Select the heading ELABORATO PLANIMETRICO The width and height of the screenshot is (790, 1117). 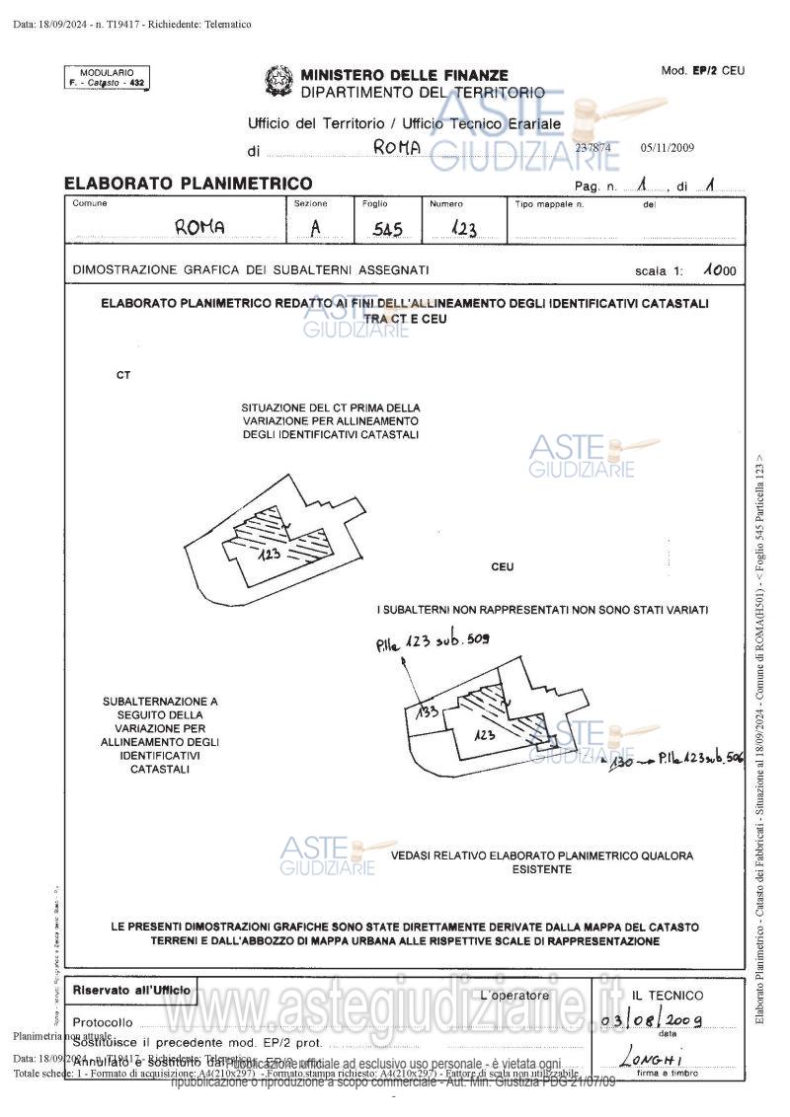[x=188, y=183]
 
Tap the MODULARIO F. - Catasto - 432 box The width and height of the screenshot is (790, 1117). [x=106, y=78]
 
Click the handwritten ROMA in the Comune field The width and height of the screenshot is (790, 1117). [x=199, y=227]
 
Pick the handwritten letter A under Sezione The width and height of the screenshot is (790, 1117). [x=316, y=228]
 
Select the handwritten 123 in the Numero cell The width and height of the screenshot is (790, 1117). [x=463, y=229]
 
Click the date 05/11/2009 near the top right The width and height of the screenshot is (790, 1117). [x=668, y=148]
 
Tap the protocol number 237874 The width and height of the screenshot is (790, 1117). [x=593, y=148]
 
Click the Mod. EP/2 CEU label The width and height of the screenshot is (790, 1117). [x=702, y=71]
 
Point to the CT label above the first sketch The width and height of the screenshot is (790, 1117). [x=122, y=376]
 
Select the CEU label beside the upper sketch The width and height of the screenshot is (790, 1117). [x=502, y=567]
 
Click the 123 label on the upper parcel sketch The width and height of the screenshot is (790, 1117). [x=271, y=556]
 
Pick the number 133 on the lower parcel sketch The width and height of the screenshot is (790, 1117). [x=427, y=711]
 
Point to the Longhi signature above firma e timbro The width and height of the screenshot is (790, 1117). [x=652, y=1059]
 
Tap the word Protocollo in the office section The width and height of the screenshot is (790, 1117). [x=103, y=1022]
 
